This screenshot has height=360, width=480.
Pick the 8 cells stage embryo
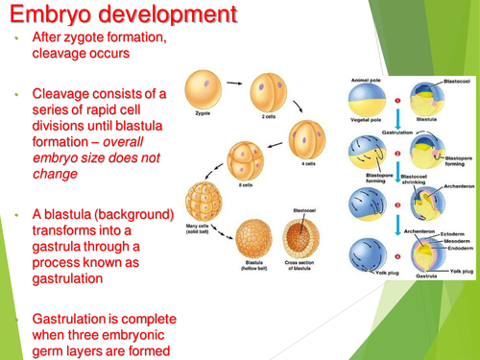[245, 156]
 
